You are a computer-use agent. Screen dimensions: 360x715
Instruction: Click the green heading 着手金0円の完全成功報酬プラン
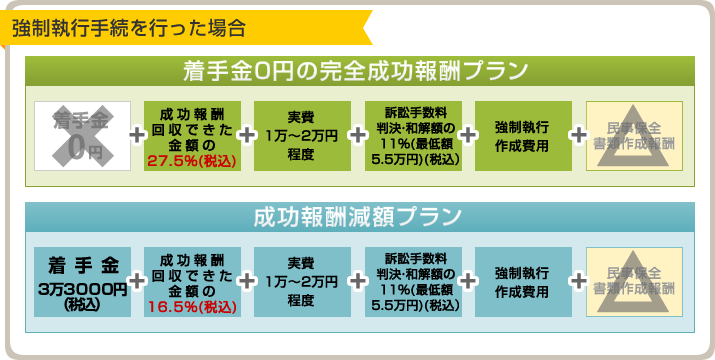[x=356, y=71]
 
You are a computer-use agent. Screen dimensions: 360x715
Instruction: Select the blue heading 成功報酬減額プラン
[x=356, y=216]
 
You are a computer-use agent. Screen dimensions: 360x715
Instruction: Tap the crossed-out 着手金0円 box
[x=82, y=136]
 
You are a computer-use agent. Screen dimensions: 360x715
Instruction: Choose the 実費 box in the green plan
[x=302, y=136]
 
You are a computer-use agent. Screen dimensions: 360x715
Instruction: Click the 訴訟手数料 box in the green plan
[x=413, y=136]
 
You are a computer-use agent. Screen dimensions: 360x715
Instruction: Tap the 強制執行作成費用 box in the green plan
[x=523, y=136]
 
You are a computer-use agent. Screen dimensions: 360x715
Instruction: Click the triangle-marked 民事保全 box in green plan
[x=634, y=136]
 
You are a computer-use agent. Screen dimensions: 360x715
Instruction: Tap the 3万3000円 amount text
[x=82, y=289]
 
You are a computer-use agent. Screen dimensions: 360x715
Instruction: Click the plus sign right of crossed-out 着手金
[x=137, y=136]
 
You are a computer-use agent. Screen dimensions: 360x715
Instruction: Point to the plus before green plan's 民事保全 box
[x=578, y=136]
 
